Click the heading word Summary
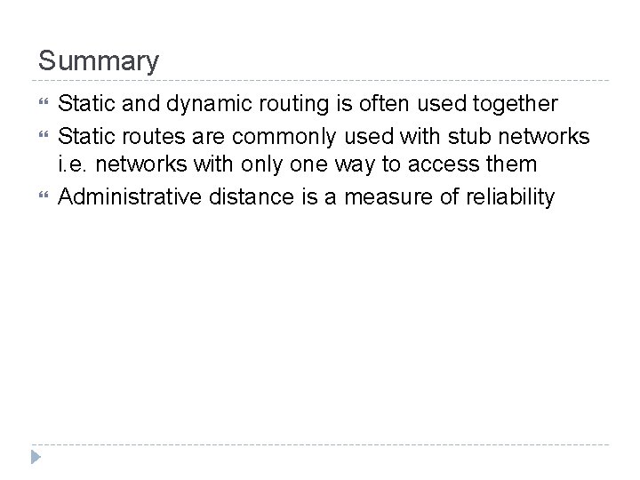(99, 61)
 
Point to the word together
(513, 104)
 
